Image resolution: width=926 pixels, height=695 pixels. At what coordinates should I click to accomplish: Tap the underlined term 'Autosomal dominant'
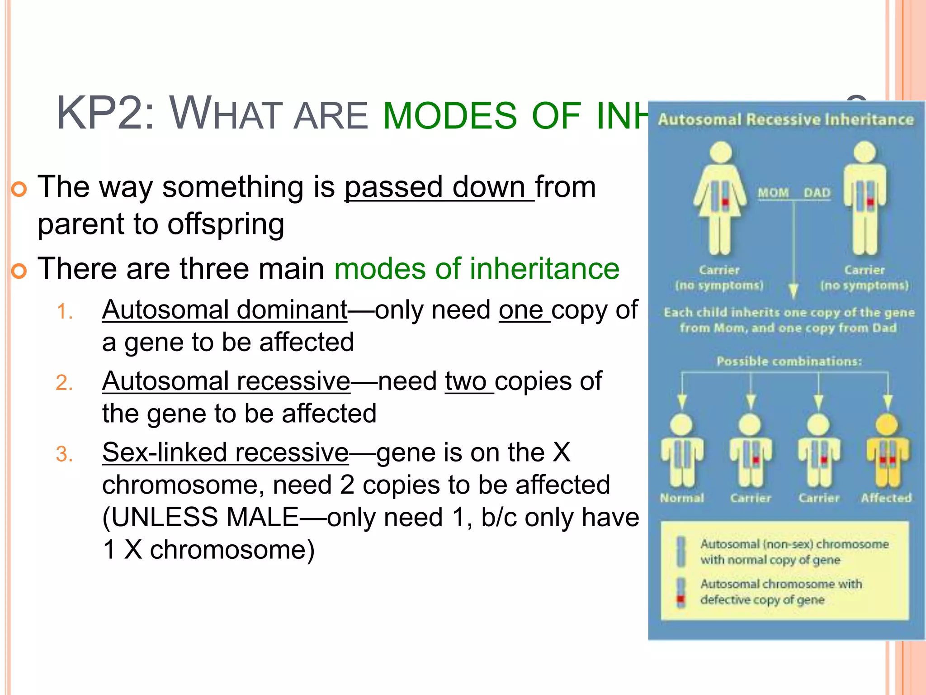tap(225, 310)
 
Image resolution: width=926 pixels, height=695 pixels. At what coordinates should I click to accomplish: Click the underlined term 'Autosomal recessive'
tap(226, 381)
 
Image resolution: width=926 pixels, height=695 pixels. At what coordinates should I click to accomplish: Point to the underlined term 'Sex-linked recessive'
tap(225, 452)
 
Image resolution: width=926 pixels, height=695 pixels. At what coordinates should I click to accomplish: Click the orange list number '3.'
tap(65, 454)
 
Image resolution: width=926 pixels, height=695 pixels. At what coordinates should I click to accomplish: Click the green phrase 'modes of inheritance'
tap(477, 269)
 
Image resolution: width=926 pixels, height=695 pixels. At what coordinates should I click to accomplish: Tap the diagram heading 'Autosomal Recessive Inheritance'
tap(786, 120)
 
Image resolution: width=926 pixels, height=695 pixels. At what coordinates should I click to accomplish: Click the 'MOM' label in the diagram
tap(773, 193)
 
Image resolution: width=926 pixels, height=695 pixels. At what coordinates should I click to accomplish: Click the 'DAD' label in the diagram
tap(817, 193)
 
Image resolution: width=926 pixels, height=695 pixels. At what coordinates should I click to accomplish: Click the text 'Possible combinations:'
tap(789, 362)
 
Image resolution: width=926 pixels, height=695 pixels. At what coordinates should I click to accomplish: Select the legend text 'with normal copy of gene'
tap(770, 560)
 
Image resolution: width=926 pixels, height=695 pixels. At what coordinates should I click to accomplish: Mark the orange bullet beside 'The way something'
tap(19, 189)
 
